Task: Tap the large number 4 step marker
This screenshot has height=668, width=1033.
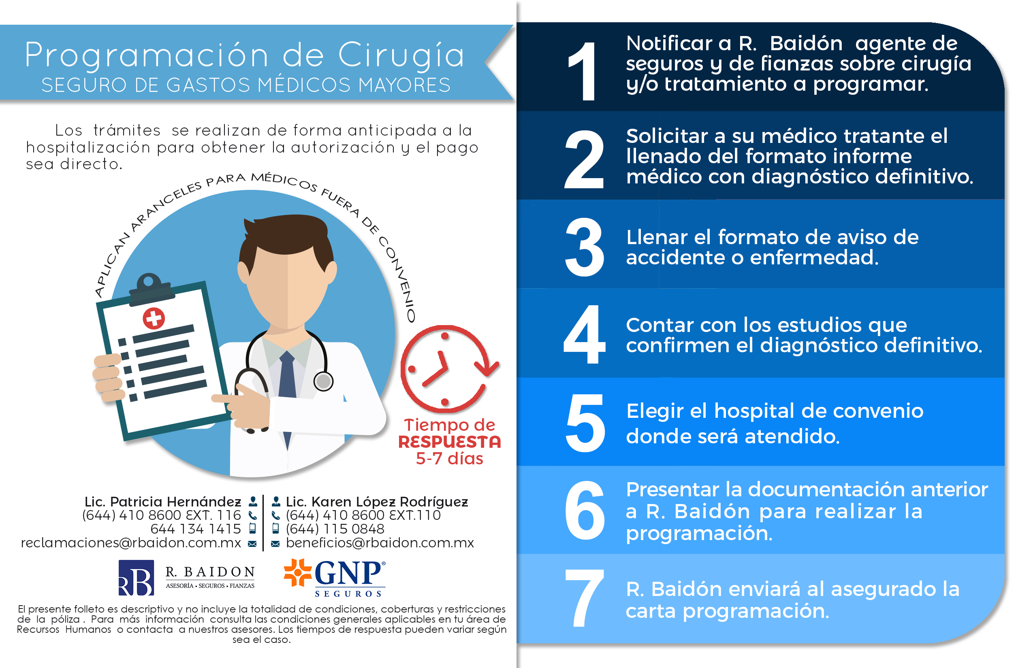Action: tap(584, 334)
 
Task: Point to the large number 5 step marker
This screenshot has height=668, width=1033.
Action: tap(585, 423)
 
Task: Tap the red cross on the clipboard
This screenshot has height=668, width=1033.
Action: tap(154, 318)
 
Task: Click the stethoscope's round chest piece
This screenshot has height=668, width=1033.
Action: tap(323, 381)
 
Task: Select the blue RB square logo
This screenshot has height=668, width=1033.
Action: tap(136, 578)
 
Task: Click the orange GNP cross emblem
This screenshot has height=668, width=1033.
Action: tap(298, 572)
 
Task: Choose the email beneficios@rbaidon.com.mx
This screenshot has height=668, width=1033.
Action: tap(380, 543)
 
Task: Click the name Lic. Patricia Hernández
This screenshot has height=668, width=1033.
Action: tap(163, 502)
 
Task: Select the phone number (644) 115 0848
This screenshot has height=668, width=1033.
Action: tap(335, 529)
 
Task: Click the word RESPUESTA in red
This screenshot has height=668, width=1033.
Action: tap(450, 442)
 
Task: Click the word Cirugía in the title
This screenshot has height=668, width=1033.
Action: tap(401, 55)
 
